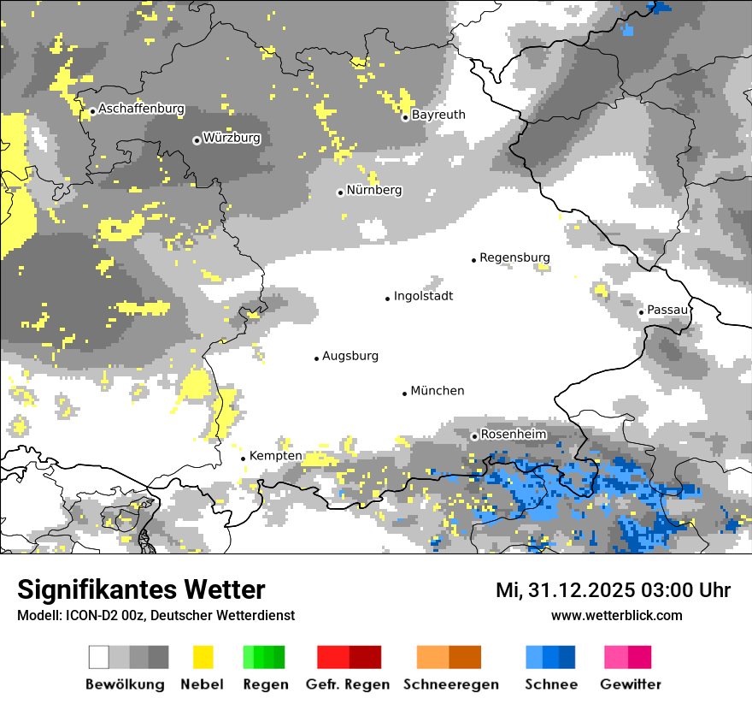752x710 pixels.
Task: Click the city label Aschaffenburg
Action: (x=141, y=109)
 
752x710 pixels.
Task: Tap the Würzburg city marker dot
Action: (x=197, y=140)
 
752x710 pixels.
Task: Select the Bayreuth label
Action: (x=438, y=115)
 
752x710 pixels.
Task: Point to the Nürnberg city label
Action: (x=373, y=190)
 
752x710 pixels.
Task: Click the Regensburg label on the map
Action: (x=514, y=257)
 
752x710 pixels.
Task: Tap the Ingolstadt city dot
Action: (x=387, y=299)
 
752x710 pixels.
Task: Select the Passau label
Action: (x=667, y=310)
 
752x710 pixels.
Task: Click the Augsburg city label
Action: (x=350, y=356)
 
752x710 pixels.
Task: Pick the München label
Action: (x=438, y=391)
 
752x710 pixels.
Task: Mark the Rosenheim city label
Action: (x=513, y=435)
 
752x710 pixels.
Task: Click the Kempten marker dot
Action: (x=243, y=459)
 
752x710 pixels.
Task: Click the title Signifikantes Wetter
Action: (x=141, y=589)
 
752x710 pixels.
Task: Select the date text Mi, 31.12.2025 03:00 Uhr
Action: (x=613, y=590)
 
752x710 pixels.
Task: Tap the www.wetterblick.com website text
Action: (x=616, y=615)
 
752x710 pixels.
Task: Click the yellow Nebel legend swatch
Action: (x=203, y=657)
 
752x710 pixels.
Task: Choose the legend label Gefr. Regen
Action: (x=348, y=684)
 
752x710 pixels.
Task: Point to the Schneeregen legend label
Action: (x=451, y=684)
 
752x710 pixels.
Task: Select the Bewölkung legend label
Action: (x=125, y=684)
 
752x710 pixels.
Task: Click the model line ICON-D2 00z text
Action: (x=156, y=615)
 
